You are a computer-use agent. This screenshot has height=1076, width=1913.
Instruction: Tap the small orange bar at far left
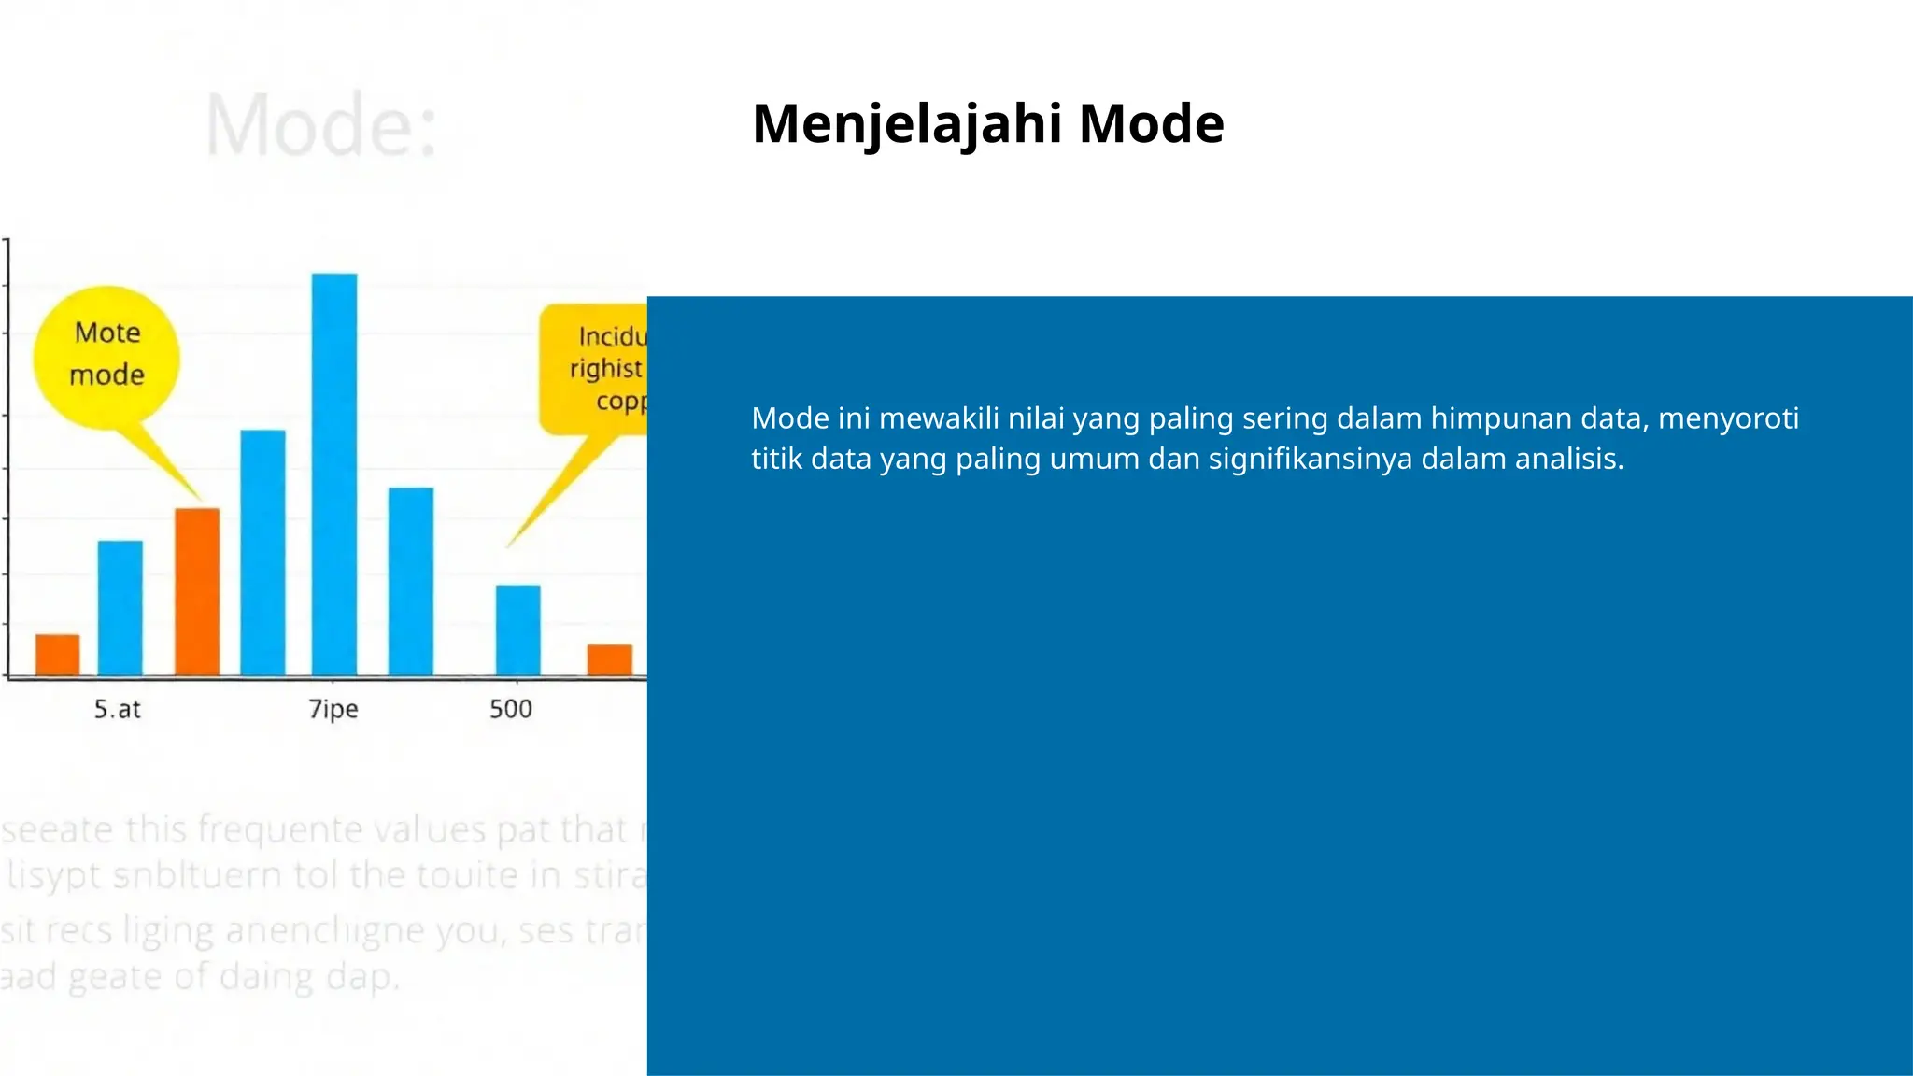tap(58, 655)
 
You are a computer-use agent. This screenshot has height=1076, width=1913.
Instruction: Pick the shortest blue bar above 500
tap(517, 630)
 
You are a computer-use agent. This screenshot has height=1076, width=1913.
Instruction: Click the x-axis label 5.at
tap(117, 709)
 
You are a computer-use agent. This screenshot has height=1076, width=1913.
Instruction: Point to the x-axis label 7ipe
tap(333, 709)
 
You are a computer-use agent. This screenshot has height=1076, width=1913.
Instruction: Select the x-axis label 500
tap(511, 709)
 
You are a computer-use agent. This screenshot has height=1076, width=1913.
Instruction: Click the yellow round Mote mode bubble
tap(107, 355)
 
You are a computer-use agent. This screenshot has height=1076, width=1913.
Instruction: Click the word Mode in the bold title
tap(1151, 124)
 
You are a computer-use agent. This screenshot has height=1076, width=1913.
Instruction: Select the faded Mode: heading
tap(320, 126)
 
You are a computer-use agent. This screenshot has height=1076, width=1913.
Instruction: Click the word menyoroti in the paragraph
tap(1728, 418)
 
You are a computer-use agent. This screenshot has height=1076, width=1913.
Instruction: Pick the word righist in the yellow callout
tap(606, 369)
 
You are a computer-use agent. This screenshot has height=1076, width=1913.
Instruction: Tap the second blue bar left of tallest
tap(120, 607)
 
